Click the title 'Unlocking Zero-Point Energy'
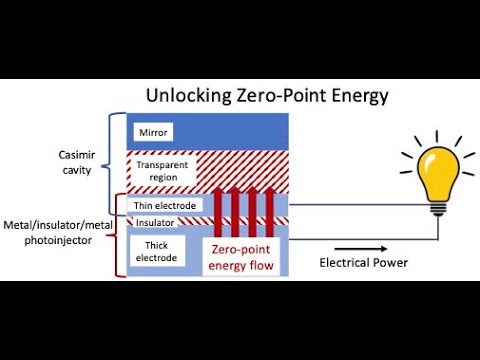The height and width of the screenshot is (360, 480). (267, 97)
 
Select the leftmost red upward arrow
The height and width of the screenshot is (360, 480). (223, 210)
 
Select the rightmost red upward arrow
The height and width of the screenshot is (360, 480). (269, 210)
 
